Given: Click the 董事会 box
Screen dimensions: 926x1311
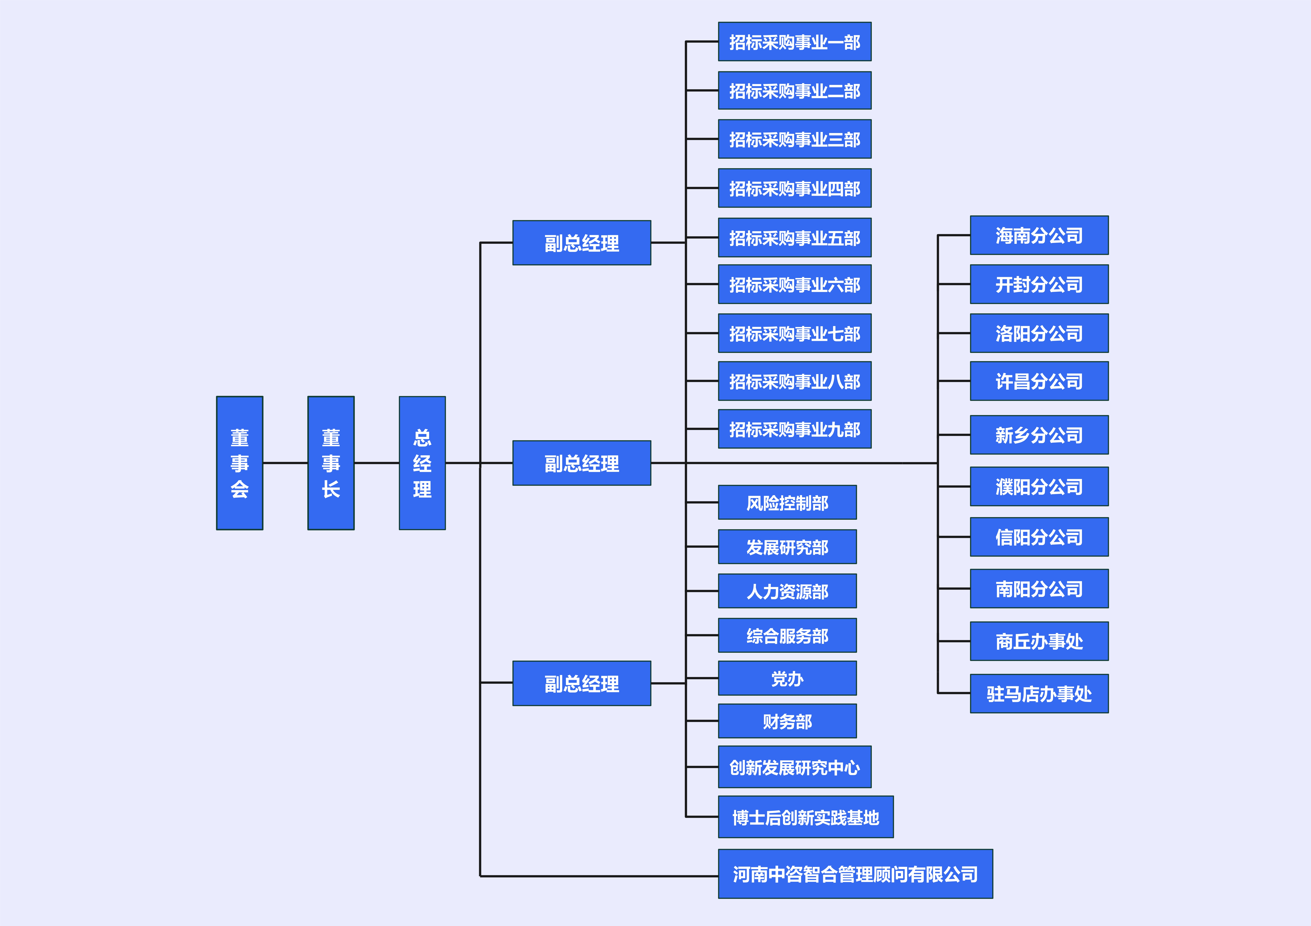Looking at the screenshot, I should coord(239,463).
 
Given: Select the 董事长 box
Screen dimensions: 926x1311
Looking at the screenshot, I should coord(331,463).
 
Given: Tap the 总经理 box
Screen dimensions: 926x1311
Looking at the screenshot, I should coord(422,463).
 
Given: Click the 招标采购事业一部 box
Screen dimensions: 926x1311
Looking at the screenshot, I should coord(794,42).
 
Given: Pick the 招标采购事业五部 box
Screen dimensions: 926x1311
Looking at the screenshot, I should coord(794,237).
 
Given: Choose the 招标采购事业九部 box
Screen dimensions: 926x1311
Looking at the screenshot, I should coord(794,429).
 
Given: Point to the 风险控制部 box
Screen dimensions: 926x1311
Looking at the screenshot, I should coord(787,502).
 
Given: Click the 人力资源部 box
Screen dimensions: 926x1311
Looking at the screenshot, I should coord(787,591).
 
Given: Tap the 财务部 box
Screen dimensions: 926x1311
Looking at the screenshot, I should coord(787,721).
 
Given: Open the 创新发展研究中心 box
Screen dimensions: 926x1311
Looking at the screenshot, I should coord(794,767).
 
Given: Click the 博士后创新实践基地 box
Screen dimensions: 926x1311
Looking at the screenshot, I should coord(805,817).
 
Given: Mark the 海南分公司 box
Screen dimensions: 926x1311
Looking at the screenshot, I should coord(1039,235).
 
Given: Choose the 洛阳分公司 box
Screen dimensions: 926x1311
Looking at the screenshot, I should coord(1039,333).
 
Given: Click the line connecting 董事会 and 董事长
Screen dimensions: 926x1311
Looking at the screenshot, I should coord(285,463).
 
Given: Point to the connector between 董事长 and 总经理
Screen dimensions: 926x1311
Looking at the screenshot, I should coord(376,463).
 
